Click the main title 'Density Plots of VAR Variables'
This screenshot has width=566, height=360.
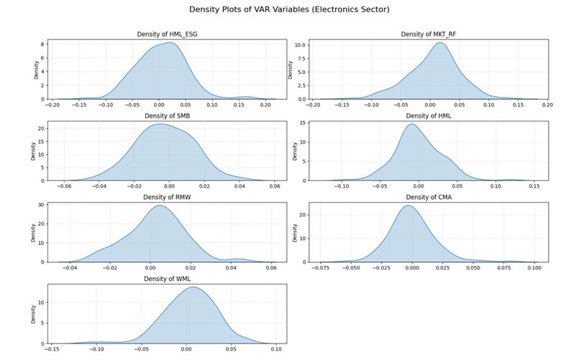pyautogui.click(x=283, y=10)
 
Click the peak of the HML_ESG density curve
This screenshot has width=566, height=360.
pyautogui.click(x=170, y=42)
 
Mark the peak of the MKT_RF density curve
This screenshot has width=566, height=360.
pyautogui.click(x=439, y=42)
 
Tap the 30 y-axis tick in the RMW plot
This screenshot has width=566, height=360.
pyautogui.click(x=42, y=205)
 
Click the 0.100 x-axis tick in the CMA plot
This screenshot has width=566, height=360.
pyautogui.click(x=534, y=268)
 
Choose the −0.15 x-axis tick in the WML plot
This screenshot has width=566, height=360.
pyautogui.click(x=53, y=350)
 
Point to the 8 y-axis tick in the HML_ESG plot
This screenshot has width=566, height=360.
pyautogui.click(x=43, y=45)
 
